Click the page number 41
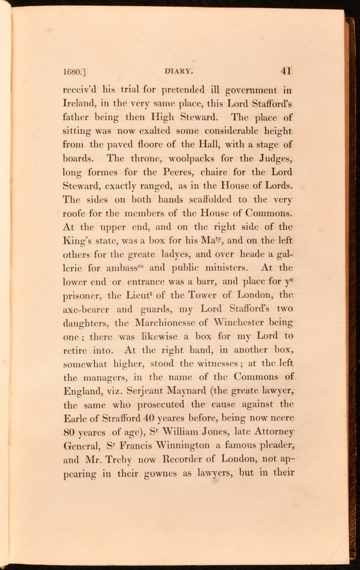click(x=286, y=71)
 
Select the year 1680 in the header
click(x=72, y=72)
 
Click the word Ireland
click(x=76, y=104)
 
